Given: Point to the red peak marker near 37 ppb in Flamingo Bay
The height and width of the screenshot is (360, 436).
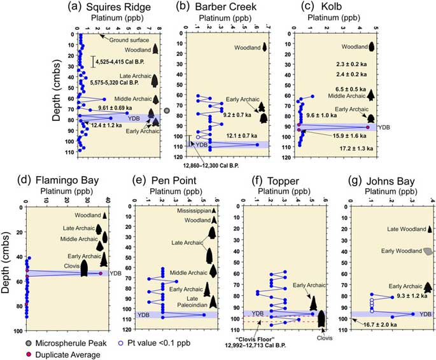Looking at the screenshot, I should [101, 273].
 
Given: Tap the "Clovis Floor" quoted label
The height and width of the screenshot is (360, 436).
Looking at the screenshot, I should [262, 340].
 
